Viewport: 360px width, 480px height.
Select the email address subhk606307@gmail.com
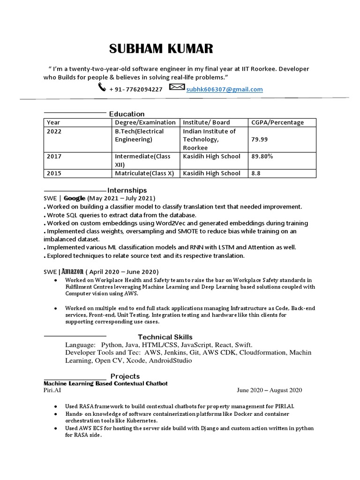coord(224,89)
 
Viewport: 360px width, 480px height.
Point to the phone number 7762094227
coord(141,89)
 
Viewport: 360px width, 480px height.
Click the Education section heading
coord(127,114)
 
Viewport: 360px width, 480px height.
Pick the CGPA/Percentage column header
coord(277,122)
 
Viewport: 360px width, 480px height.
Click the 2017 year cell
coord(54,156)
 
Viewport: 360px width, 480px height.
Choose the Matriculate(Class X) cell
coord(144,173)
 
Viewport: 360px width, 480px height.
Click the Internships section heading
coord(127,190)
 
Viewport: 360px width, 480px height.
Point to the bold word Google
coord(74,198)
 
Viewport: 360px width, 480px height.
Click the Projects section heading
coord(125,376)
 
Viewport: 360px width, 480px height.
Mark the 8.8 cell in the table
coord(256,173)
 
